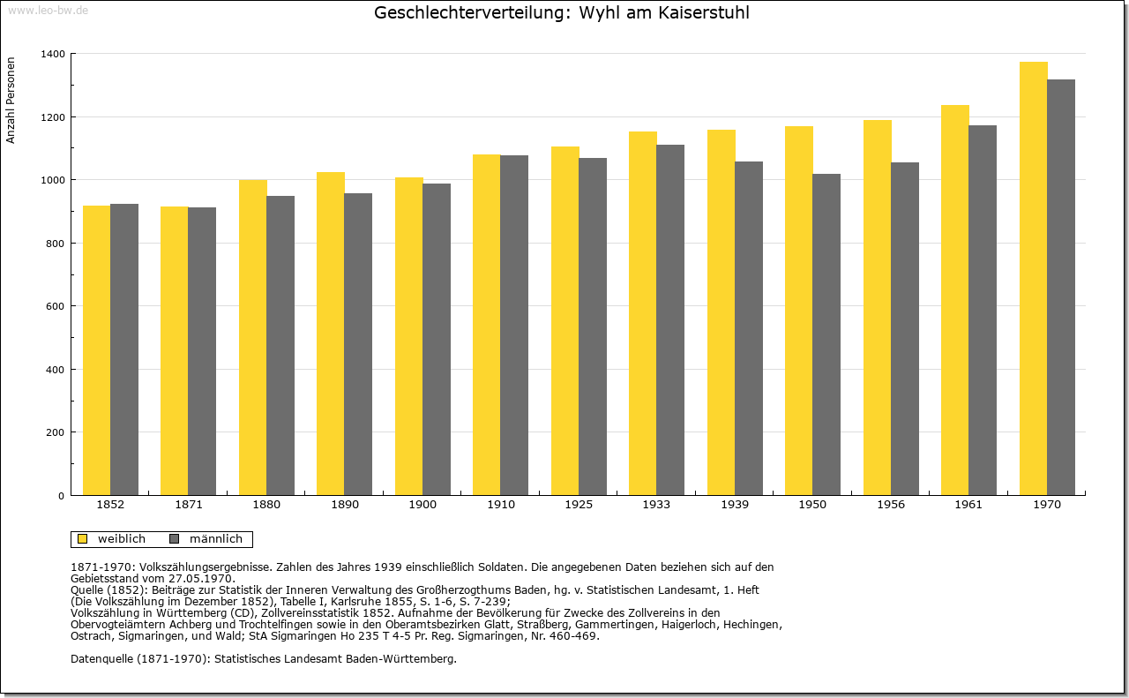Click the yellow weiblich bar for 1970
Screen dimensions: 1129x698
[1033, 278]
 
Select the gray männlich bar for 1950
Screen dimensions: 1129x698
[826, 334]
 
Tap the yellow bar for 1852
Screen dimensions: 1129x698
[97, 350]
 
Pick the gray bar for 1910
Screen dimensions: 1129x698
[514, 326]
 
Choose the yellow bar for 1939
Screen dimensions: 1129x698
[722, 312]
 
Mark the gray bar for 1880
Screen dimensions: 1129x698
[280, 345]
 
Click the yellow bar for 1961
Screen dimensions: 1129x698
[955, 300]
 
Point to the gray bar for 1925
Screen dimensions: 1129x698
[593, 326]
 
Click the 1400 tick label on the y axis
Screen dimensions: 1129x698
[53, 54]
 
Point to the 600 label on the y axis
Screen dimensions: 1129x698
[56, 306]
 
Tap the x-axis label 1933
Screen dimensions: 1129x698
[656, 505]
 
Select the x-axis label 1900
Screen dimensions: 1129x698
[422, 505]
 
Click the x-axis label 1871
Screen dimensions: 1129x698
[189, 505]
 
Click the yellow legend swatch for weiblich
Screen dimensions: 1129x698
[82, 539]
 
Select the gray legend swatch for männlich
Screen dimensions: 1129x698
[175, 539]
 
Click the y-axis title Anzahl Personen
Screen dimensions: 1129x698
[11, 100]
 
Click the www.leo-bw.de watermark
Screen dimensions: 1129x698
[49, 10]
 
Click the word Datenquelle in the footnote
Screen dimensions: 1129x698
[101, 658]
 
